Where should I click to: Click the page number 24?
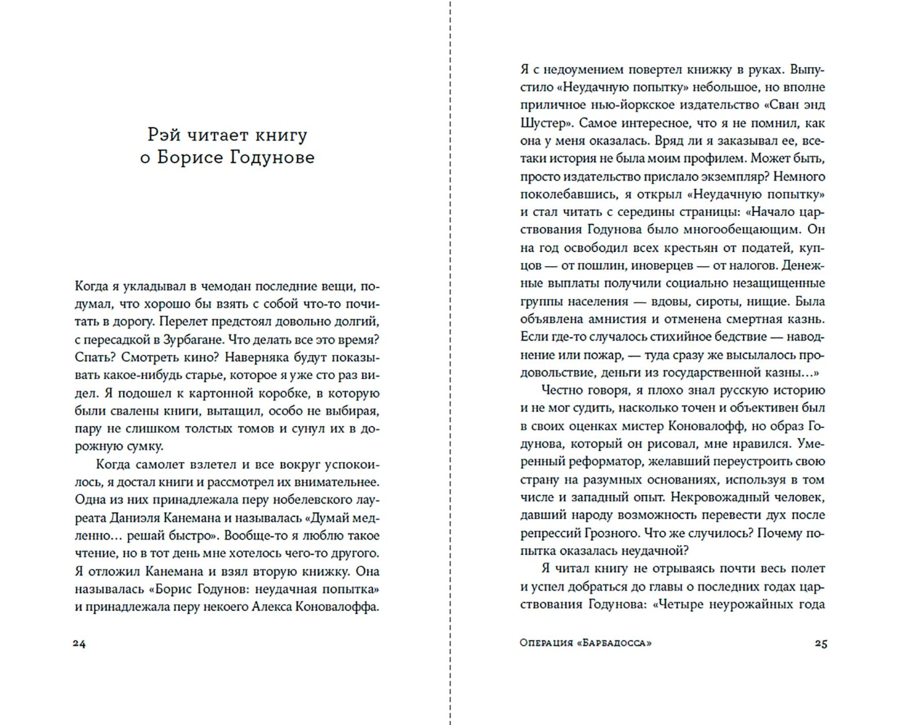pos(79,643)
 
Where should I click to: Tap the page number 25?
pos(821,643)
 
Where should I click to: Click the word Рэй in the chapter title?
pos(163,135)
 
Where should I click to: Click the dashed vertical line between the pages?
pos(450,361)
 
